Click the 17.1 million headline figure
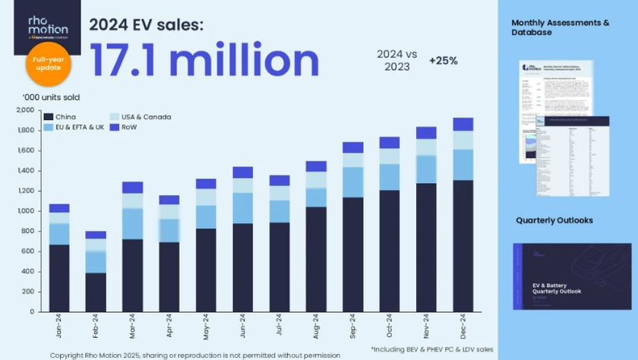[204, 58]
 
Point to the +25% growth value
[443, 60]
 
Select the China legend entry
[66, 117]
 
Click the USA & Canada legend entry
[148, 117]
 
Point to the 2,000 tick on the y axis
[24, 111]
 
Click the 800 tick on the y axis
[27, 232]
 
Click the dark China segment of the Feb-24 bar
[96, 292]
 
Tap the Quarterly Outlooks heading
[554, 220]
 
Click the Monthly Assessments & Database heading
[561, 28]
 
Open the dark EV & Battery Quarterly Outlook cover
[572, 276]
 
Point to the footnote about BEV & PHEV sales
[431, 348]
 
